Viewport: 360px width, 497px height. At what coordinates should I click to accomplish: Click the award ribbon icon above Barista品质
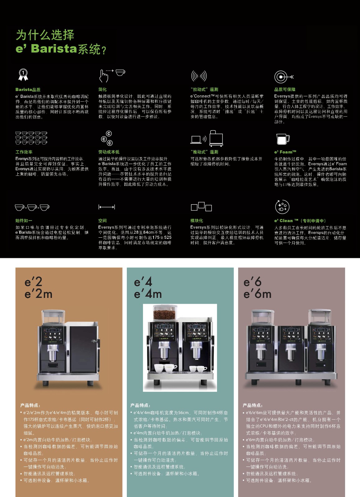[23, 75]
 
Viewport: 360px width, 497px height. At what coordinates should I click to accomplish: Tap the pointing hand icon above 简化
[104, 75]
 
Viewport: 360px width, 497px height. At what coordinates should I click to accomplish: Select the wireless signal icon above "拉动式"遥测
[199, 76]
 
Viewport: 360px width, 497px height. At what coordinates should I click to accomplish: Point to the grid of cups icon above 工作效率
[31, 138]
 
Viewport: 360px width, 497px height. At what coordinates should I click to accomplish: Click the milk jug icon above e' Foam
[283, 139]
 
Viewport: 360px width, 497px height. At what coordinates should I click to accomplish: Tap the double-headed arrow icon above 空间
[107, 207]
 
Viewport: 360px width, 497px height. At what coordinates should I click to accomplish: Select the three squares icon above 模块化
[201, 207]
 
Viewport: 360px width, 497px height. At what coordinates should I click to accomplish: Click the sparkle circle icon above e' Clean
[282, 207]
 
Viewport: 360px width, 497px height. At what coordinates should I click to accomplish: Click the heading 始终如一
[24, 221]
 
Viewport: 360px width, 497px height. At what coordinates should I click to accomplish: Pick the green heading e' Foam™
[285, 152]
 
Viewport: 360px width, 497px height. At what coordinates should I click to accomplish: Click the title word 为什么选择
[45, 35]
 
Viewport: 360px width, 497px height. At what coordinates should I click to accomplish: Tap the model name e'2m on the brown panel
[39, 294]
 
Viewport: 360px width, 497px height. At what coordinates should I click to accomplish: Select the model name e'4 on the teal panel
[143, 282]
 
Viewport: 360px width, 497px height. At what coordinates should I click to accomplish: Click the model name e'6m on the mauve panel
[257, 294]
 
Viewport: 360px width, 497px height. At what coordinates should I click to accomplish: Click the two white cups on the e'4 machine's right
[198, 369]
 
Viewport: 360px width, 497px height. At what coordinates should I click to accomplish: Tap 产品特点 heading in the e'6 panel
[252, 405]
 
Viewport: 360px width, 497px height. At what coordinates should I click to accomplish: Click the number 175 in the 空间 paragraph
[156, 237]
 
